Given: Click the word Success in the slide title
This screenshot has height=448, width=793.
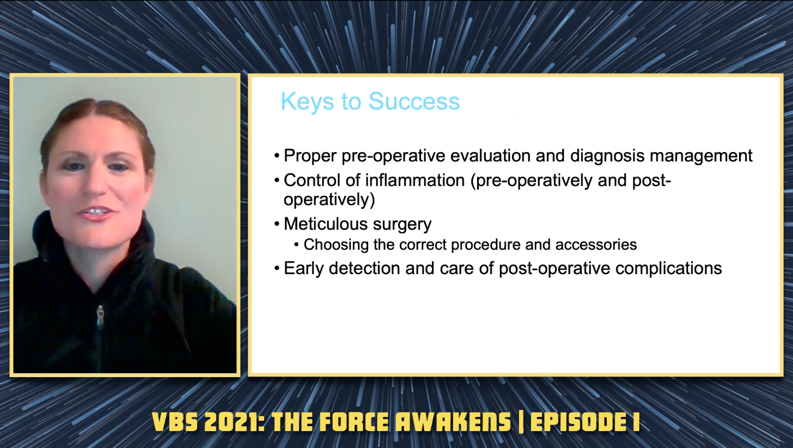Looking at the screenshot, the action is click(414, 101).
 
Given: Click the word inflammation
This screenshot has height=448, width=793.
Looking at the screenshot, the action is click(415, 180).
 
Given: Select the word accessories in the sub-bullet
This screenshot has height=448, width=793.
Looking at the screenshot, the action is click(596, 245).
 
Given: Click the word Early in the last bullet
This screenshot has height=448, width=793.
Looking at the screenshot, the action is click(304, 269).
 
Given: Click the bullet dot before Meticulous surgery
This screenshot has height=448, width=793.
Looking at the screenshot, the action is click(277, 225).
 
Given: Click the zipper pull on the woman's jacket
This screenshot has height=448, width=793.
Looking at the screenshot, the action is click(101, 317).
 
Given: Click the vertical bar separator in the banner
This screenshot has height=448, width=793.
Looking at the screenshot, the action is click(521, 422).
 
